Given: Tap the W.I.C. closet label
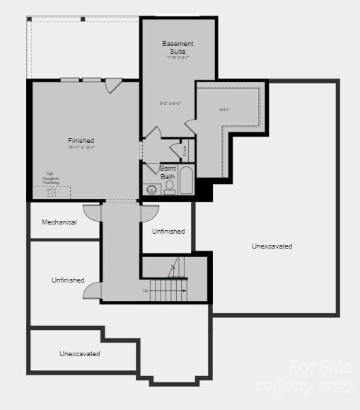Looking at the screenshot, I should click(223, 110).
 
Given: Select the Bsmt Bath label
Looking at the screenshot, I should click(168, 172).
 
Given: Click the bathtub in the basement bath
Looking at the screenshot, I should click(187, 181).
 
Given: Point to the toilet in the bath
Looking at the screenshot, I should click(170, 187).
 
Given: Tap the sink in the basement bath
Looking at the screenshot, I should click(151, 189).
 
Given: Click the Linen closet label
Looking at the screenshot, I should click(185, 150).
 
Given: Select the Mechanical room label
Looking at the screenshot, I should click(59, 222).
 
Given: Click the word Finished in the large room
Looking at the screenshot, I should click(81, 141).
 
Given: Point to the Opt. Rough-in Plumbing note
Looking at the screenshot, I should click(50, 178).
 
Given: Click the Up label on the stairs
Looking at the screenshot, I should click(146, 290).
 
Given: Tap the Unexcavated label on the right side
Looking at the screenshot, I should click(272, 246).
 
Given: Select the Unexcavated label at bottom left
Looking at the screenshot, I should click(79, 353).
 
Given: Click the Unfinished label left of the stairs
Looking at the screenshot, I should click(68, 280).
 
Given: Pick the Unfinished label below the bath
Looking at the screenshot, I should click(168, 232).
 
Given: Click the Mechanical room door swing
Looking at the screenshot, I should click(93, 211).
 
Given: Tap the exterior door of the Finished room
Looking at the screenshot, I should click(113, 86).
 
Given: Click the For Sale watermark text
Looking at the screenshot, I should click(320, 367).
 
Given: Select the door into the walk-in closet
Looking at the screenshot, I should click(190, 127).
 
